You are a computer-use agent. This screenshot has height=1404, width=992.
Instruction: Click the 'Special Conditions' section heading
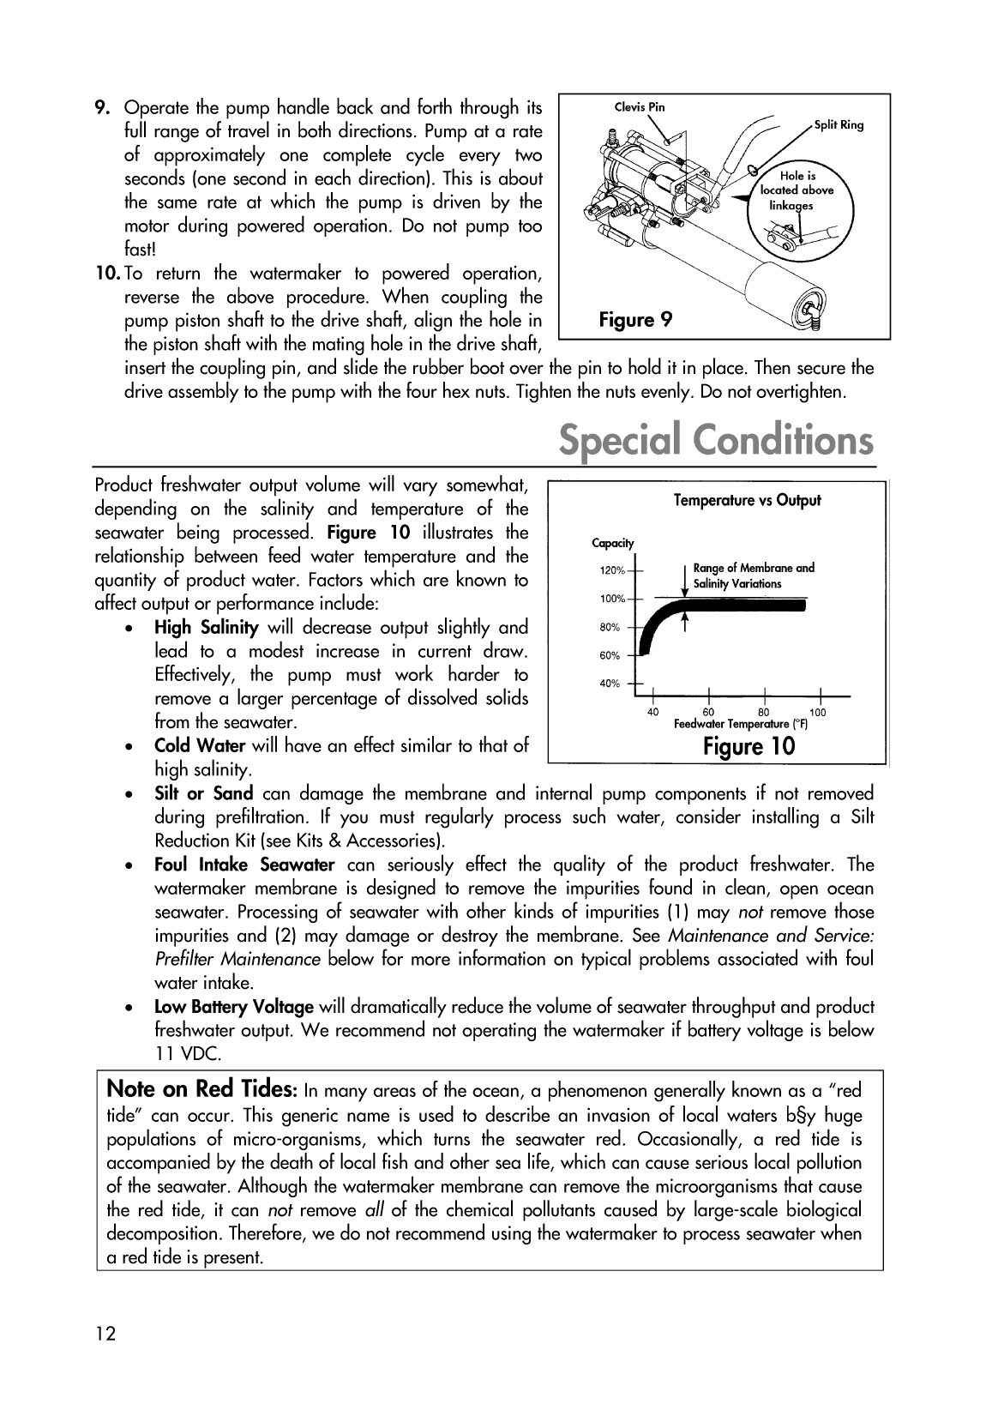716,441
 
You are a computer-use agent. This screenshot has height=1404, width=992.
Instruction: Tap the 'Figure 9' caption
635,320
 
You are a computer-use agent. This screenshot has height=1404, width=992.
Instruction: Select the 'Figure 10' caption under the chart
749,745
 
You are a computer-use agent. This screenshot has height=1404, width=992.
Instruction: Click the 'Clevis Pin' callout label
640,107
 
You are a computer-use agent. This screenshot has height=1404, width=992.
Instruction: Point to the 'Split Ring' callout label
839,125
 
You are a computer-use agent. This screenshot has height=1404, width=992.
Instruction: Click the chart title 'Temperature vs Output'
747,500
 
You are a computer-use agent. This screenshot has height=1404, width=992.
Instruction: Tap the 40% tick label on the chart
610,684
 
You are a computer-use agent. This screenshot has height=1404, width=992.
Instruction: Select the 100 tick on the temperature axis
818,712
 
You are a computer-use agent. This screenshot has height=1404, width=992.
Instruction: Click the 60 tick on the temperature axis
708,712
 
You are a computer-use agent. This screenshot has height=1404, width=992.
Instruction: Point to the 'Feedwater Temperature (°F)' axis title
741,724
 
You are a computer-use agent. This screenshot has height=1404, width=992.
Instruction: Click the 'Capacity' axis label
613,543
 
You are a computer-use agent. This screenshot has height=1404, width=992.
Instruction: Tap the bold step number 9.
101,108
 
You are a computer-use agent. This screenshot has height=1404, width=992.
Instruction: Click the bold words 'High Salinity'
206,628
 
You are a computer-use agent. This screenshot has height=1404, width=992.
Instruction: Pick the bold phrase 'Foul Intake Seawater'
244,865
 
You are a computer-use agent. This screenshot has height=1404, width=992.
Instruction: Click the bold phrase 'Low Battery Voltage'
233,1007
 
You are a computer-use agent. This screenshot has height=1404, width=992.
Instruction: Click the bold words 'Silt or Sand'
203,793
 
